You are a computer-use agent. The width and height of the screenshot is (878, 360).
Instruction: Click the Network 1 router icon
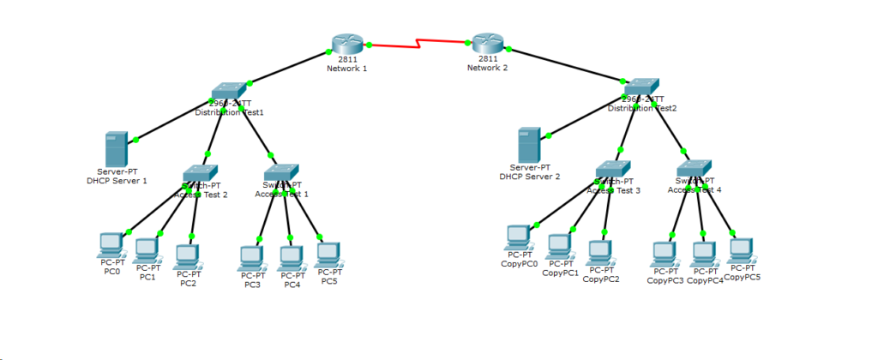[x=346, y=45]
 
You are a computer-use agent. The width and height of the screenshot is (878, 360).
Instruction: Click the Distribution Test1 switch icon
[x=229, y=90]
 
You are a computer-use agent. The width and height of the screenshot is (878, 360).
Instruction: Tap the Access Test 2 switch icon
[x=201, y=173]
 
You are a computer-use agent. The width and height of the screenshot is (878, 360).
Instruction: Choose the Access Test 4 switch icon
[x=695, y=168]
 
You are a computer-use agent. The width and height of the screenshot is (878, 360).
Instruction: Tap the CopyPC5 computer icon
[x=742, y=250]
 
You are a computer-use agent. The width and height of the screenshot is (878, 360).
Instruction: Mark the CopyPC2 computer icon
[x=600, y=252]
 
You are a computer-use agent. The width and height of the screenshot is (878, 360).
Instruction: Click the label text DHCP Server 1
[x=117, y=181]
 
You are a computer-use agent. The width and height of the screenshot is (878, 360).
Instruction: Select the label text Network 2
[x=488, y=68]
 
